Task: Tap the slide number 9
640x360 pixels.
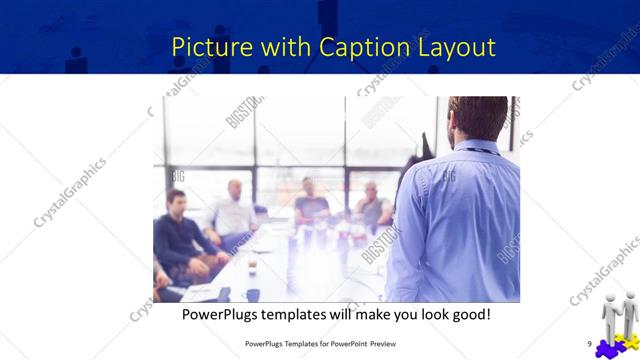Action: point(589,344)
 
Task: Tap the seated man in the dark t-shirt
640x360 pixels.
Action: point(311,205)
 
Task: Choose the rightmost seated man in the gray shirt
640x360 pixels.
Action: point(372,207)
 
